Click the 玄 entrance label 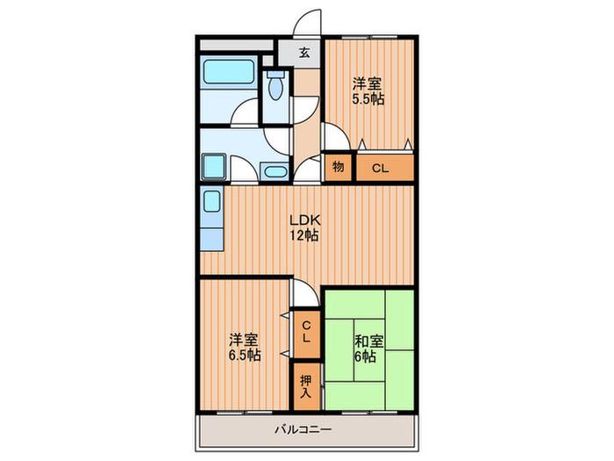[305, 53]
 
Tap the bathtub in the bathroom [228, 71]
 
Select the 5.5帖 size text [368, 99]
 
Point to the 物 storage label [339, 167]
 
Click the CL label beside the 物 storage [380, 169]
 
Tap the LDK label [305, 220]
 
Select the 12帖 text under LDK [303, 235]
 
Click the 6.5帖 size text [245, 355]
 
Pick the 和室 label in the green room [368, 342]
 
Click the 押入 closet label [306, 387]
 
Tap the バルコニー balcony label [303, 429]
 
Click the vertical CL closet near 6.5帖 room [306, 334]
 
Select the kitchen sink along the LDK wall [212, 201]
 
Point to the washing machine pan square [214, 167]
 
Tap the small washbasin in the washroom [275, 172]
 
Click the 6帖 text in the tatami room [365, 357]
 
